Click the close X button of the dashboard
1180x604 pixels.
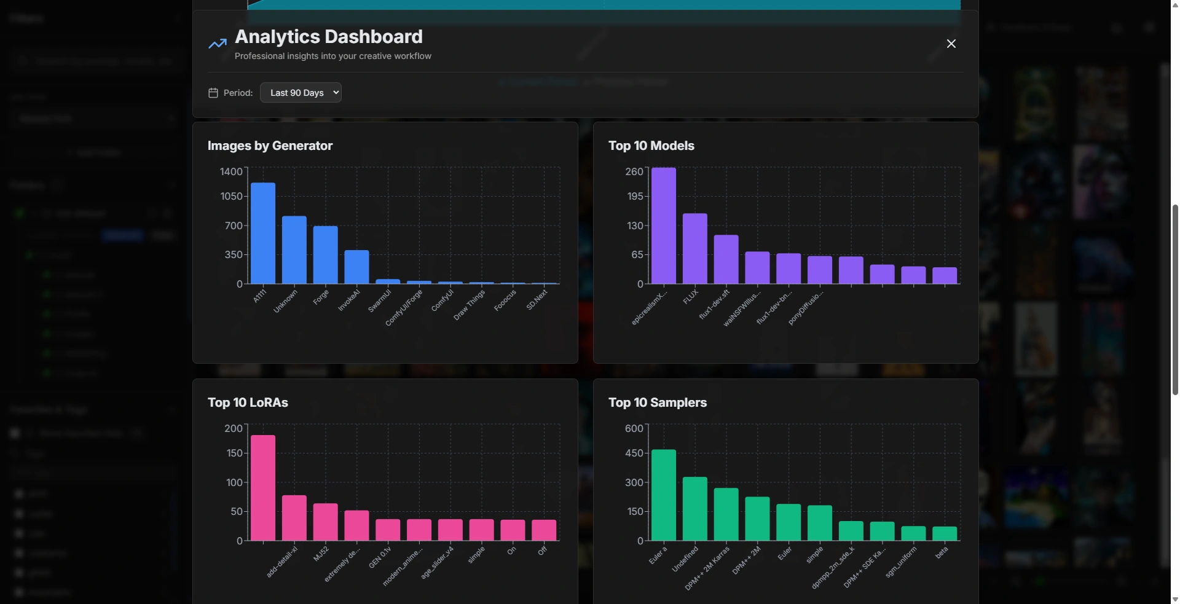[x=951, y=44]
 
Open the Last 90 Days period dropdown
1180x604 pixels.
[x=301, y=93]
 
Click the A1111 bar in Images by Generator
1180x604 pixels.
[x=263, y=233]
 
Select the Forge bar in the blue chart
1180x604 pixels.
[x=325, y=255]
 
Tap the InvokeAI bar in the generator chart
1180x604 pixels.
[x=356, y=267]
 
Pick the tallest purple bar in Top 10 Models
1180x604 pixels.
[x=664, y=226]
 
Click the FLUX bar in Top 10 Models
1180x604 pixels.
[x=695, y=249]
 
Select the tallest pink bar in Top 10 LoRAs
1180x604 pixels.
[x=263, y=488]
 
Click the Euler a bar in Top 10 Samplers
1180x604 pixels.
[x=664, y=495]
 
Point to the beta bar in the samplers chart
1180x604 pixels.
[x=945, y=534]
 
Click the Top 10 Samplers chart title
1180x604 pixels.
[x=658, y=402]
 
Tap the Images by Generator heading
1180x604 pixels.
[x=270, y=146]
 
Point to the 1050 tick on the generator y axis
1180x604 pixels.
[x=232, y=197]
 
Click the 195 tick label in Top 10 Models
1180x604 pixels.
[x=635, y=197]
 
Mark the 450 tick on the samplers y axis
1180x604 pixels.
[x=634, y=453]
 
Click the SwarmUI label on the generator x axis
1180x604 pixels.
[x=380, y=301]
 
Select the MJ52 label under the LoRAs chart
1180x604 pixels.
[x=321, y=554]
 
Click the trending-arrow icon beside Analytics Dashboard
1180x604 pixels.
[x=218, y=44]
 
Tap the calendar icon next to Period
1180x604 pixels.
[x=213, y=93]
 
